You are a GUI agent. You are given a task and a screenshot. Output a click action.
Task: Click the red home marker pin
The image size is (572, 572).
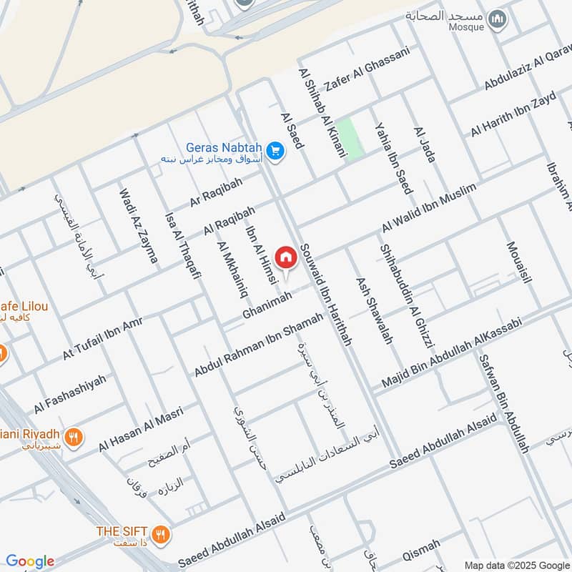point(286,256)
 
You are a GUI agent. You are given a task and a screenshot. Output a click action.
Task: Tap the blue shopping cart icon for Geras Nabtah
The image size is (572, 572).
point(275,151)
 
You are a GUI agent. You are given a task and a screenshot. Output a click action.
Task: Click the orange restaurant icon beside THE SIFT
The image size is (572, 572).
point(162,533)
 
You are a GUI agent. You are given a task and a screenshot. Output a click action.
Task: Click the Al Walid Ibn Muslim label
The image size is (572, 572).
point(428,207)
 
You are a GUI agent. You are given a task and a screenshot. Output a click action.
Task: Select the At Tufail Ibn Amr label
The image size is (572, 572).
point(102,338)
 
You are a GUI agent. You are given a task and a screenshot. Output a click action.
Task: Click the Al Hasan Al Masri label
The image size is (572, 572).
point(141,428)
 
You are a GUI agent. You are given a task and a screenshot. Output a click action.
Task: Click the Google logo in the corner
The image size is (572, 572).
point(29,561)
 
